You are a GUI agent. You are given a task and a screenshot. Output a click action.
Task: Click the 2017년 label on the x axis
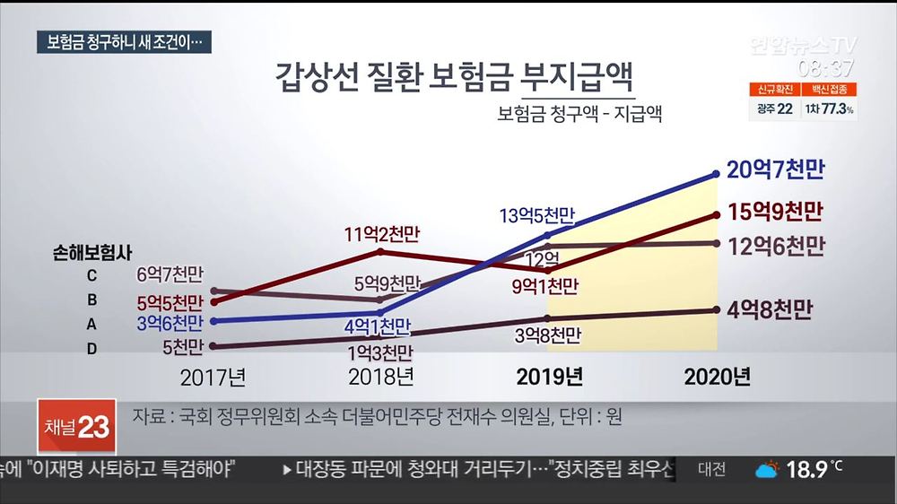coord(213,377)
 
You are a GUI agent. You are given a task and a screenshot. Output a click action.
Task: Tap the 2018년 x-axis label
coord(379,377)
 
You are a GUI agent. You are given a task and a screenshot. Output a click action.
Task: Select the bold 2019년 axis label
coord(549,377)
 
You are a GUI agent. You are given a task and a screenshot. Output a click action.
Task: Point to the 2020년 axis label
coord(717,377)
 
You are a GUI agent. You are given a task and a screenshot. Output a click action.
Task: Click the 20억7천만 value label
coord(777,169)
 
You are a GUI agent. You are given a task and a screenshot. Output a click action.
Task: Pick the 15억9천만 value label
coord(777,213)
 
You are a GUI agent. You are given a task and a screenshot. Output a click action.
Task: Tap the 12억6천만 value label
coord(777,245)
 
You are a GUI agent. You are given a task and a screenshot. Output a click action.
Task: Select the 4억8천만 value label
coord(771,310)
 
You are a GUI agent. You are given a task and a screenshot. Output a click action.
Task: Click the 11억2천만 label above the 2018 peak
coord(381,235)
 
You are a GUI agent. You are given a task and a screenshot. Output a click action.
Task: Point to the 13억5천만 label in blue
coord(536,215)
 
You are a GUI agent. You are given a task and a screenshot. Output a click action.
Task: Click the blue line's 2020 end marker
coord(716,173)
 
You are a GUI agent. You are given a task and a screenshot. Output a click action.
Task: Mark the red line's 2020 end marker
coord(716,214)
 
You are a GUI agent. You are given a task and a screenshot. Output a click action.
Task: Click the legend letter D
coord(91,349)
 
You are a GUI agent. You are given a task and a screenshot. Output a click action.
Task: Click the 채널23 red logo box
coord(76,428)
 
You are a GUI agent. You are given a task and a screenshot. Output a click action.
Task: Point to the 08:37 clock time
coord(827,67)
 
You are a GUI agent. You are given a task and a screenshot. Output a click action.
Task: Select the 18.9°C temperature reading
coord(815,469)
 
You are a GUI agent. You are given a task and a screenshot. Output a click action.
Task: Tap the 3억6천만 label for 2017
coord(170,321)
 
